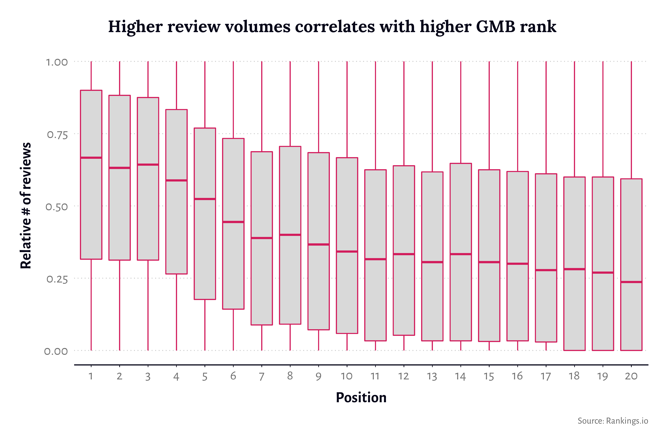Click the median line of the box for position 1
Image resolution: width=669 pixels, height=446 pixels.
coord(91,158)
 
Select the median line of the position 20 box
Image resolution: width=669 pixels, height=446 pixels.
coord(631,282)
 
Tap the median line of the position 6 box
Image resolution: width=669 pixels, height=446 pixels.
coord(233,222)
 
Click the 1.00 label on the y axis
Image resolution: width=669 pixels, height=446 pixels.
coord(57,62)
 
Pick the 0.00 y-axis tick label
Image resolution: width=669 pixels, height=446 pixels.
coord(56,351)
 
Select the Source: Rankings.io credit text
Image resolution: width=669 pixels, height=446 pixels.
coord(613,421)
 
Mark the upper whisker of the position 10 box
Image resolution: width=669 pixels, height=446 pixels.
coord(347,110)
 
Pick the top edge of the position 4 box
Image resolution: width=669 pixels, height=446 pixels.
coord(176,110)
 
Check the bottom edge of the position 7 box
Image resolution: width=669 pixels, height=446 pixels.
coord(262,325)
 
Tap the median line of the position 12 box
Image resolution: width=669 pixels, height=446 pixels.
coord(404,254)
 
